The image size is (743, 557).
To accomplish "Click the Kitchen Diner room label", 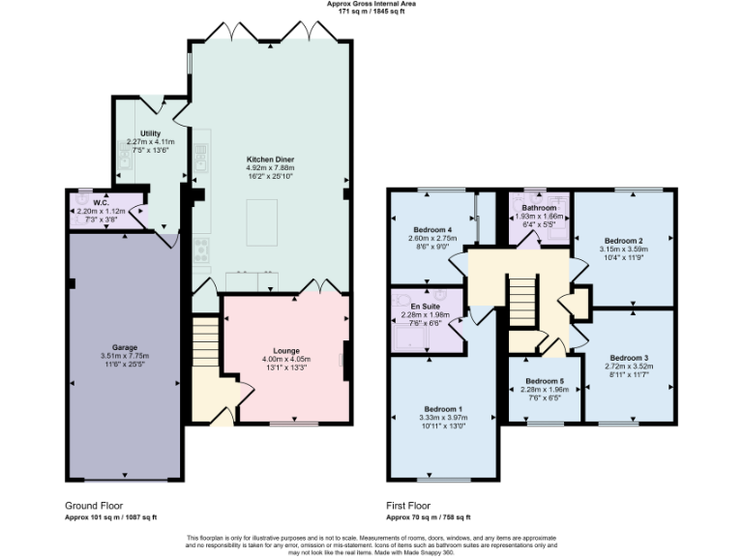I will [270, 158].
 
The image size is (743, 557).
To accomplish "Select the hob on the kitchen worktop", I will [201, 252].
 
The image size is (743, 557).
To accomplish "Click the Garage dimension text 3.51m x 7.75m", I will [125, 356].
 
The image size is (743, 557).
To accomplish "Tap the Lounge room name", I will [285, 350].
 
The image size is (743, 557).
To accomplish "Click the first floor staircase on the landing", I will [522, 301].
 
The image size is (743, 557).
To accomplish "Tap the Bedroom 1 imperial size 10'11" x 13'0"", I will [440, 426].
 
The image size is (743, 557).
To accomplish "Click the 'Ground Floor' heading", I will [94, 505].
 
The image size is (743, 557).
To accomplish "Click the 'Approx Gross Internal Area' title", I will [371, 4].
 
